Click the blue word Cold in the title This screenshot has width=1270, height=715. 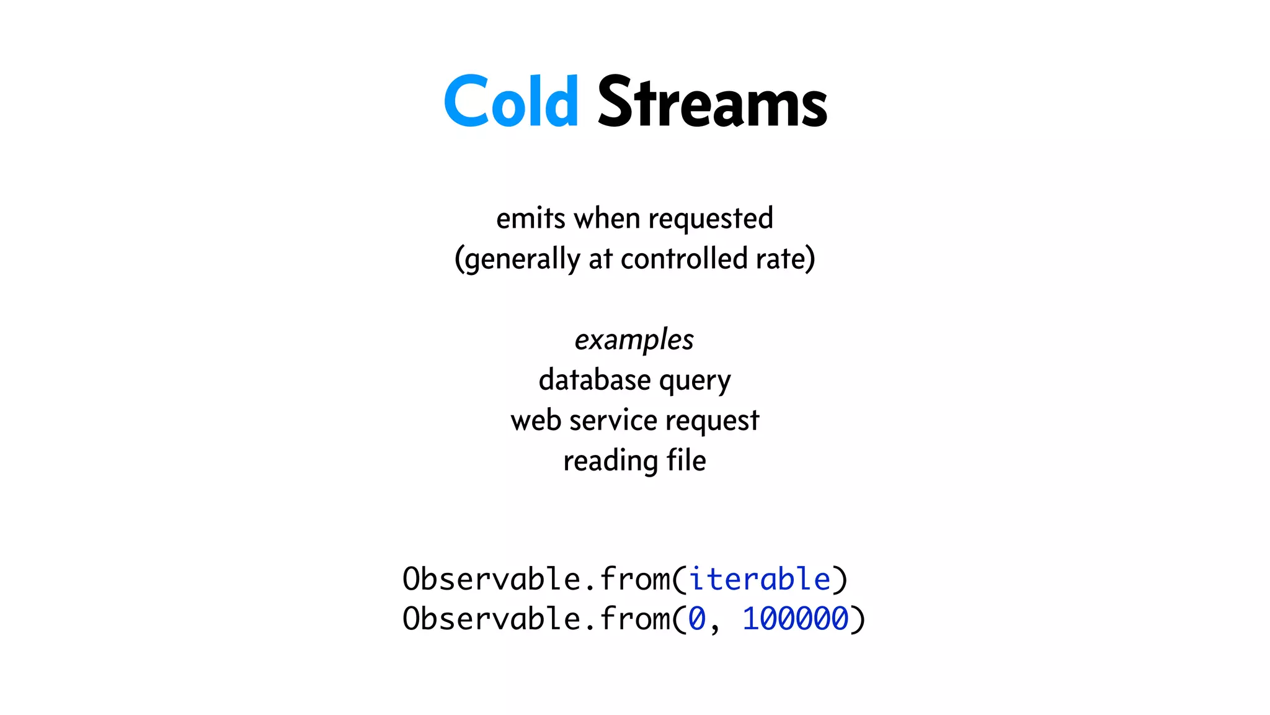click(x=511, y=101)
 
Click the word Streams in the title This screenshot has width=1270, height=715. click(x=712, y=101)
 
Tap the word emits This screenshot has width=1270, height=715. click(x=531, y=218)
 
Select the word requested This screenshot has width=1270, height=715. click(x=711, y=219)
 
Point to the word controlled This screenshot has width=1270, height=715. click(x=683, y=258)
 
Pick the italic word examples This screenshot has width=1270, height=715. click(x=634, y=340)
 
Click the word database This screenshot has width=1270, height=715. click(x=595, y=379)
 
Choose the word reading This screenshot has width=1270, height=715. click(x=610, y=461)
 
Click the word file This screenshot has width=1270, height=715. click(x=686, y=460)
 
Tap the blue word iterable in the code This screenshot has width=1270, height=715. click(x=759, y=579)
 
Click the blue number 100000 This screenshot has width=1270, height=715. click(x=795, y=619)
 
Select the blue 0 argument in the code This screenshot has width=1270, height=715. click(x=697, y=619)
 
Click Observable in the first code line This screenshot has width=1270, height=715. click(x=491, y=579)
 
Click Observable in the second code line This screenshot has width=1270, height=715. click(x=491, y=619)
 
